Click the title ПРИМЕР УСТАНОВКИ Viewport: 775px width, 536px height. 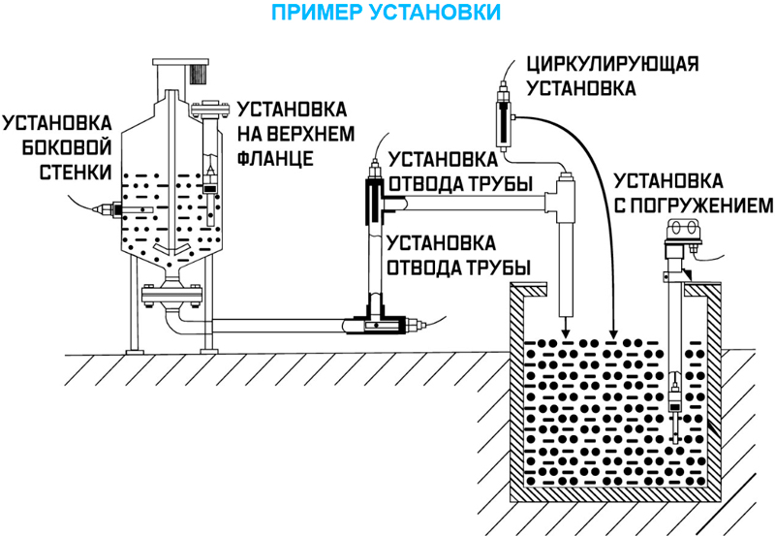pyautogui.click(x=387, y=14)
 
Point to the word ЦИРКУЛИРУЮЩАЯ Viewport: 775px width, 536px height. pyautogui.click(x=611, y=66)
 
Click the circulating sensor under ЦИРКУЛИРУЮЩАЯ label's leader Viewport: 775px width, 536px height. pyautogui.click(x=506, y=121)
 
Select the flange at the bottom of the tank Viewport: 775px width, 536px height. pyautogui.click(x=172, y=291)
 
